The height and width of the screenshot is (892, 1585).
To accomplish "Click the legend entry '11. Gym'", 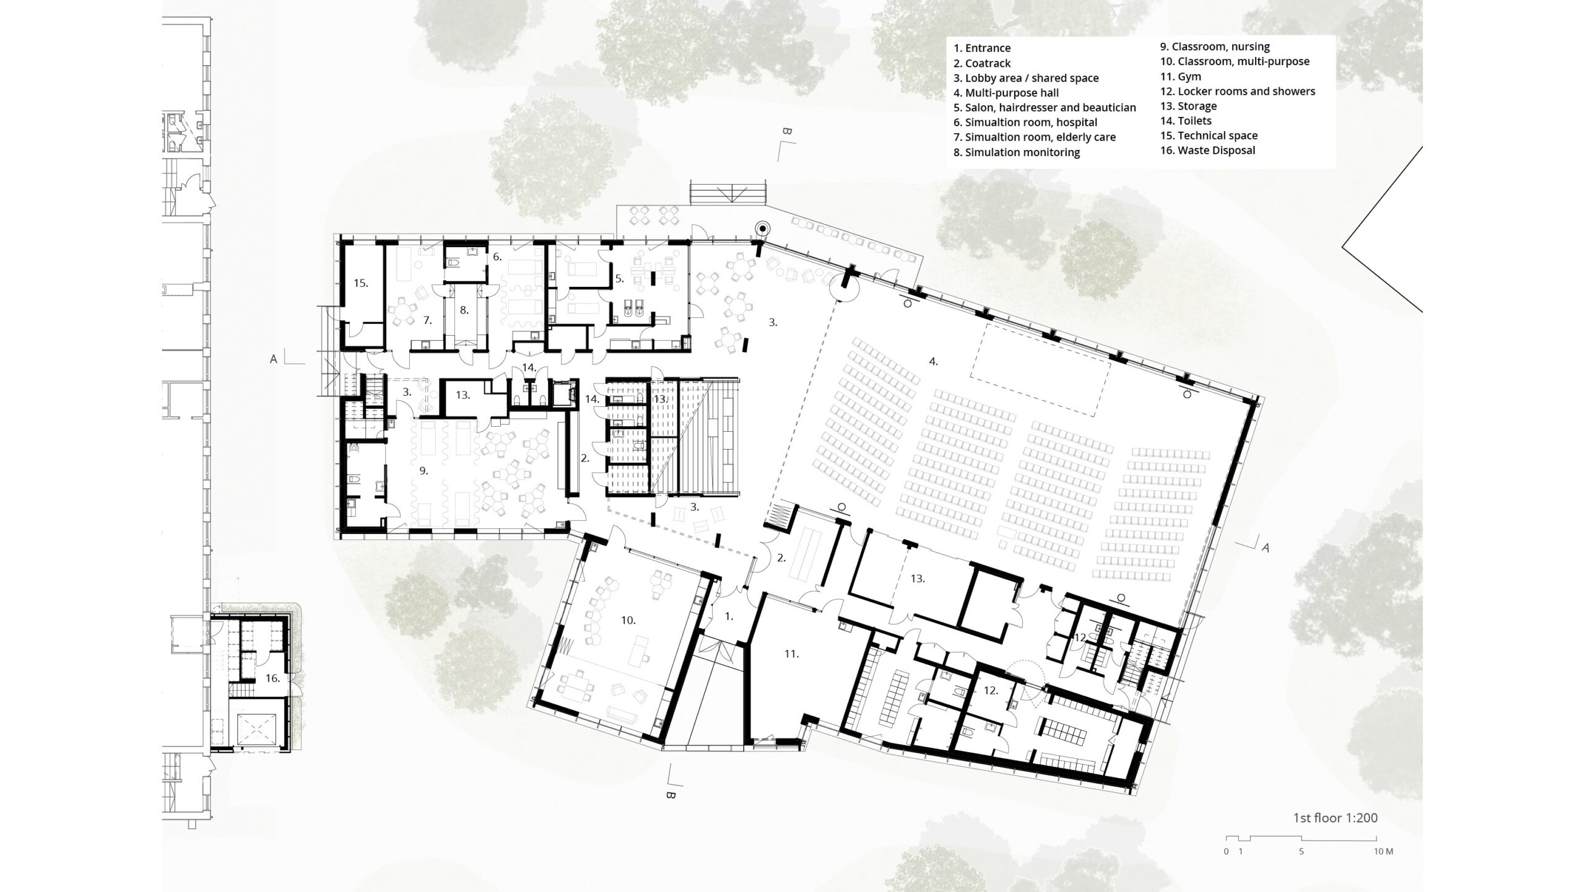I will [x=1180, y=77].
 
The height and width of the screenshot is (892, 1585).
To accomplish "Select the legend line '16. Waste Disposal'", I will [x=1207, y=151].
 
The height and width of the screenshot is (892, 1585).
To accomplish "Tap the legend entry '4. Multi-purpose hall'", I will [x=1005, y=93].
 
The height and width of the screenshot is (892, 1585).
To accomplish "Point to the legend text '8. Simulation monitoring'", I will [x=1016, y=152].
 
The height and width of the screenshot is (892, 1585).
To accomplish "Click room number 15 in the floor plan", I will [x=361, y=283].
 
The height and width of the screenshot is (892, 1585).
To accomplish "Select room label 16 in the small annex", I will [x=273, y=678].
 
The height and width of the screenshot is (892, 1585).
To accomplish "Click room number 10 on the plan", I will [x=628, y=620].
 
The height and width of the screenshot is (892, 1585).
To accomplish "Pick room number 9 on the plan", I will [x=423, y=471].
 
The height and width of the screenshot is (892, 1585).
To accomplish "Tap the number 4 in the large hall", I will [x=933, y=361].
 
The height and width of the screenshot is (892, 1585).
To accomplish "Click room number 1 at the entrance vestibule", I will [x=729, y=616].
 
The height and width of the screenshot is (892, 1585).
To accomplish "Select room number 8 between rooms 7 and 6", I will [x=464, y=309].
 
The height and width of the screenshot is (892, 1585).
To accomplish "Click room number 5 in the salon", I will [x=619, y=279].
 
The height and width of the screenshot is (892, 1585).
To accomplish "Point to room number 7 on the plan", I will [x=427, y=320].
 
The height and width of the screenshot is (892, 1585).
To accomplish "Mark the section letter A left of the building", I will [x=273, y=359].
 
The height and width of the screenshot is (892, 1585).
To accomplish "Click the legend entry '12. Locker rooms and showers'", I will [x=1237, y=92].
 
